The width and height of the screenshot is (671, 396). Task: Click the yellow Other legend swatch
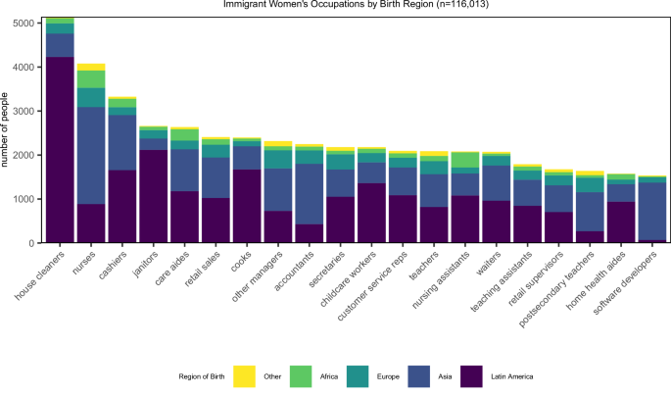pos(245,375)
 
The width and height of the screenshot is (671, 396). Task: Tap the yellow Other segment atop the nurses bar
pos(91,67)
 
